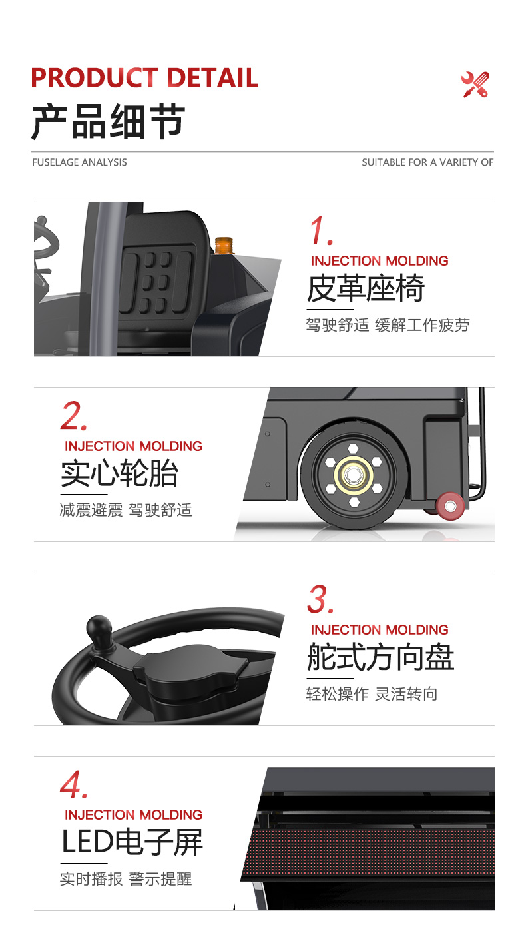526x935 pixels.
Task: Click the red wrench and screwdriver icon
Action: [475, 85]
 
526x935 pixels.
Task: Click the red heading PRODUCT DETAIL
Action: [144, 78]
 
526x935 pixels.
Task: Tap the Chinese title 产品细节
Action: [108, 122]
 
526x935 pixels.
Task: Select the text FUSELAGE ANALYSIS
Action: [79, 162]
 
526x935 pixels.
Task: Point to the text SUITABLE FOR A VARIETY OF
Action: [427, 162]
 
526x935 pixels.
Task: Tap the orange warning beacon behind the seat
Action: [224, 244]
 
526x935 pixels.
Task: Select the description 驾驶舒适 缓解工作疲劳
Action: [388, 325]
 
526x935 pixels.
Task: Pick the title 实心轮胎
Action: [119, 474]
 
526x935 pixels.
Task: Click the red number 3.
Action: [320, 600]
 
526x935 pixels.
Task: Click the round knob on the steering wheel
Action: [99, 628]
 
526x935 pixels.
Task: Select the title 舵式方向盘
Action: [380, 658]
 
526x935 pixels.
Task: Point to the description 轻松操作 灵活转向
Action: [372, 694]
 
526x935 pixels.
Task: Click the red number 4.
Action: [73, 785]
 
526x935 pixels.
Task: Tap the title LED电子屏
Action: [132, 842]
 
